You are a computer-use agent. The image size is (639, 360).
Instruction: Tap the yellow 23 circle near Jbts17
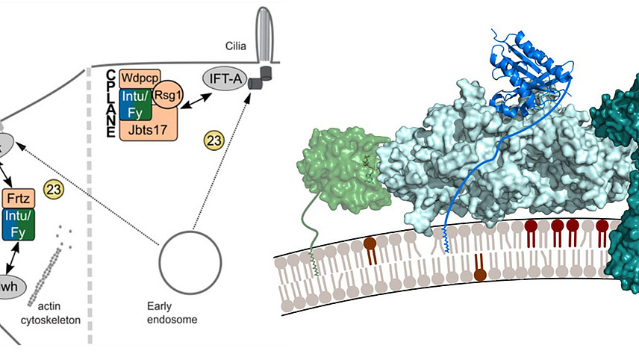point(213,140)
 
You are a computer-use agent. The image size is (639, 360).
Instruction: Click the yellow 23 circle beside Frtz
point(54,190)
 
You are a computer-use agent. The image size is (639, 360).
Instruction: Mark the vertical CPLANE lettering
point(109,105)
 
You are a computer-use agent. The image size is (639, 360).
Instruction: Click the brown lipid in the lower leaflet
point(481,271)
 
